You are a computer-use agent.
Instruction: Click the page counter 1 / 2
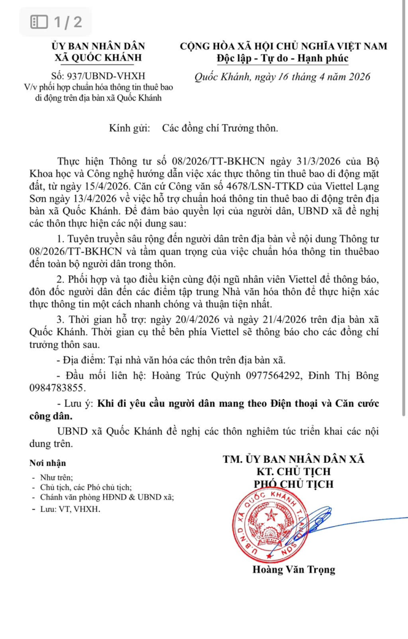pos(57,22)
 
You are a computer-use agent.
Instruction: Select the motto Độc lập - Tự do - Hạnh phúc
pos(283,58)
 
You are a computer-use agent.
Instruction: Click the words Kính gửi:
pos(129,128)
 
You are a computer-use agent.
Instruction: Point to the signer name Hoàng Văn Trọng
pos(294,569)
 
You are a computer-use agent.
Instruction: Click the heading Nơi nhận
pos(48,464)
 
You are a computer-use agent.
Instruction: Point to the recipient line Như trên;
pos(56,478)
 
